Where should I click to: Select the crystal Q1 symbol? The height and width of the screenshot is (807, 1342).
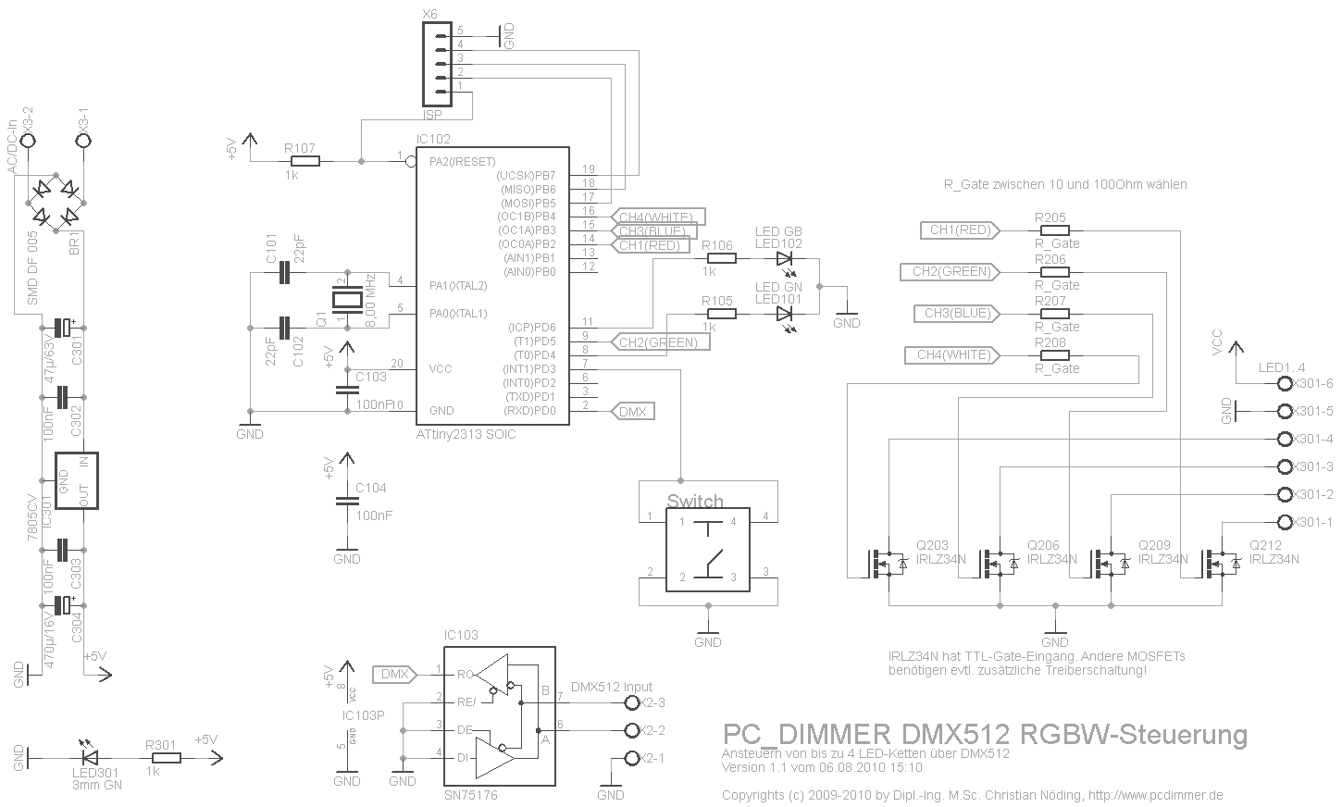347,299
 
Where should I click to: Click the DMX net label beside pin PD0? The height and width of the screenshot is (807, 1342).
633,411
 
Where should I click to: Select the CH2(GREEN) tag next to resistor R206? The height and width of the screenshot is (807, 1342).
951,272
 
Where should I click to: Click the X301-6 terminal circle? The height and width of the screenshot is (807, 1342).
1284,383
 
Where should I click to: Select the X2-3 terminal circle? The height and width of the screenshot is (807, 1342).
633,702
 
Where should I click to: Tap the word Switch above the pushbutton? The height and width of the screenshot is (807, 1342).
695,502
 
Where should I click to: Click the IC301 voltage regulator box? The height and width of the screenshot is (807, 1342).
76,480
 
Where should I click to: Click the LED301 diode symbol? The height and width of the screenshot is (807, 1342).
90,758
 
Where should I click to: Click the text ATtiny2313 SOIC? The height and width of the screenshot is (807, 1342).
466,434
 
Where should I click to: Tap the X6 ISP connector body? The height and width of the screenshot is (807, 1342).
433,64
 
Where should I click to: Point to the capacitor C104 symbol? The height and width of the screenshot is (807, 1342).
347,501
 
